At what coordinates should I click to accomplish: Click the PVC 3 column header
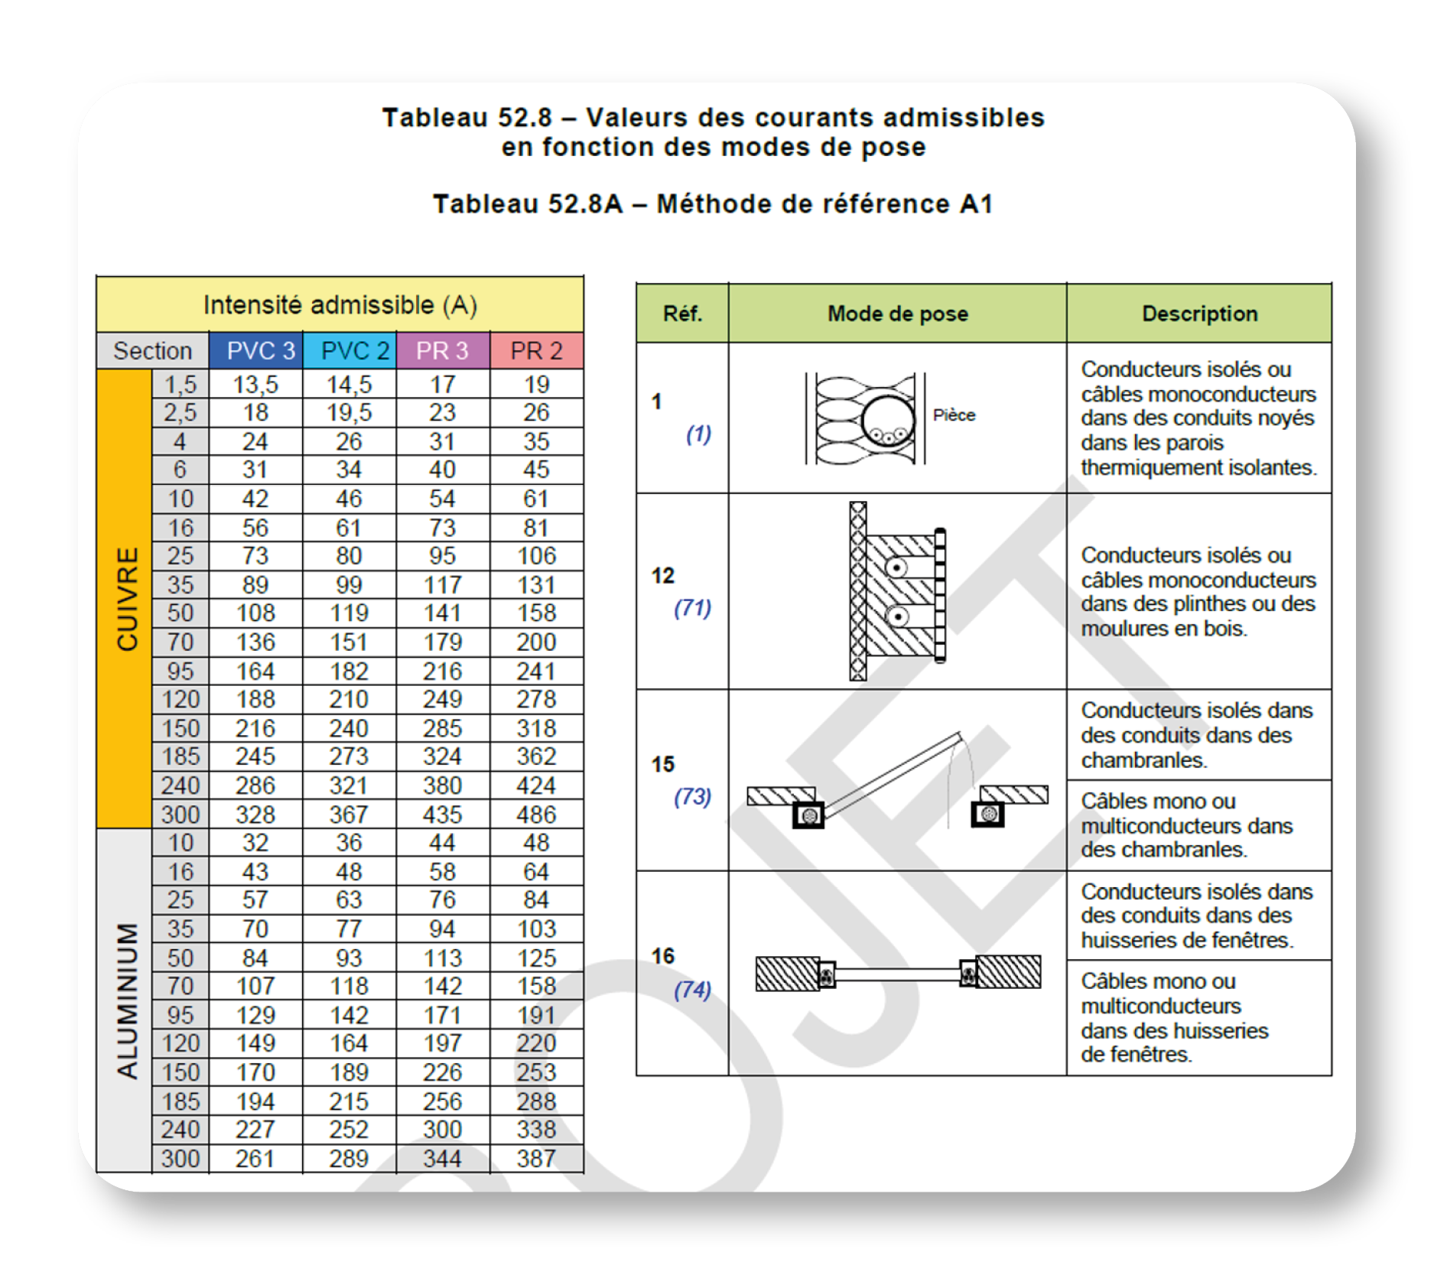tap(259, 351)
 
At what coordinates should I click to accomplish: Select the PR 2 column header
tap(536, 351)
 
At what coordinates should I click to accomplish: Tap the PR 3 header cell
tap(442, 351)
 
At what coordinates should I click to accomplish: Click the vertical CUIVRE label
tap(127, 598)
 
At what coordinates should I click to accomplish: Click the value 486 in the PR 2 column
tap(536, 815)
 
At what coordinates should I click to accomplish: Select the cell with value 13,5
tap(255, 384)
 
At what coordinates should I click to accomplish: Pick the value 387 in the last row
tap(536, 1159)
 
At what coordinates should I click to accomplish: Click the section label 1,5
tap(180, 384)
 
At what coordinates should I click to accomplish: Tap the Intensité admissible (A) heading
tap(340, 305)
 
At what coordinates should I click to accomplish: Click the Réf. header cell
tap(682, 314)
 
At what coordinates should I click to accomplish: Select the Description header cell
tap(1199, 314)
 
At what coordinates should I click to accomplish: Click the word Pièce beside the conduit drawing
tap(954, 415)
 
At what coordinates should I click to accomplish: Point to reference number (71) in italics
tap(692, 608)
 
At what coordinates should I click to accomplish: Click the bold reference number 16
tap(663, 956)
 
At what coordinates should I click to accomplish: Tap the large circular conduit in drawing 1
tap(888, 421)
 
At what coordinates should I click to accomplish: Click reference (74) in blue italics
tap(692, 990)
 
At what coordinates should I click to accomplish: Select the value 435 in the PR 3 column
tap(442, 815)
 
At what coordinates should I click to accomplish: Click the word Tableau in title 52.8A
tap(486, 204)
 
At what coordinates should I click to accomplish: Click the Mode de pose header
tap(898, 314)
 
